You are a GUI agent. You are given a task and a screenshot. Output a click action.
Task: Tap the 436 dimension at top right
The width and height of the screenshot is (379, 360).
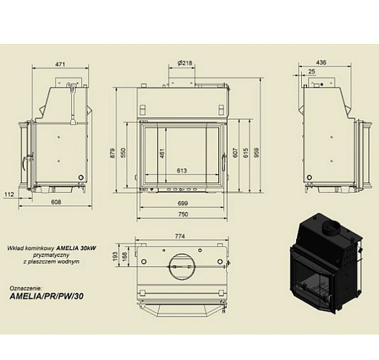click(321, 63)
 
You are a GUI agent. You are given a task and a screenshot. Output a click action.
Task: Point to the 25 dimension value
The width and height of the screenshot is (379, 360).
click(311, 72)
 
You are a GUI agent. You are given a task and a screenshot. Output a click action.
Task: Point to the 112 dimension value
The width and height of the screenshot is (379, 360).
click(9, 194)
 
